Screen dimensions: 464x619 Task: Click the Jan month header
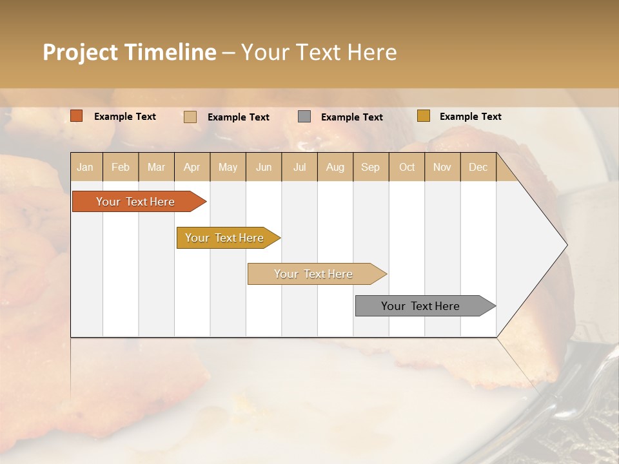[86, 167]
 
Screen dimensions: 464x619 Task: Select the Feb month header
[121, 167]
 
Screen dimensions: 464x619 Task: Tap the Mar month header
[156, 167]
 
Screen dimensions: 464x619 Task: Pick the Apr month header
[192, 167]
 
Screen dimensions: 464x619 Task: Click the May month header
[228, 167]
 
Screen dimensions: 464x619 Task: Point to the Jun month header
[264, 167]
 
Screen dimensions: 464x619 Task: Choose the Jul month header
[299, 167]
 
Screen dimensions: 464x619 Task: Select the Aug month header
[335, 167]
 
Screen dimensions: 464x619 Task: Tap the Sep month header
[371, 167]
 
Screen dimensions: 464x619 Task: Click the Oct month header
[407, 167]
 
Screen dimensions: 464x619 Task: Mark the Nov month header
[442, 167]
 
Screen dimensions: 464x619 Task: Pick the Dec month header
[478, 167]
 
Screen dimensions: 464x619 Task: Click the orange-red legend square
[77, 116]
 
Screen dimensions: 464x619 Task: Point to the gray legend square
[304, 117]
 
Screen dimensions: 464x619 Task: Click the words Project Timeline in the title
[130, 52]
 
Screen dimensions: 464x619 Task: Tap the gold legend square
[423, 116]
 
